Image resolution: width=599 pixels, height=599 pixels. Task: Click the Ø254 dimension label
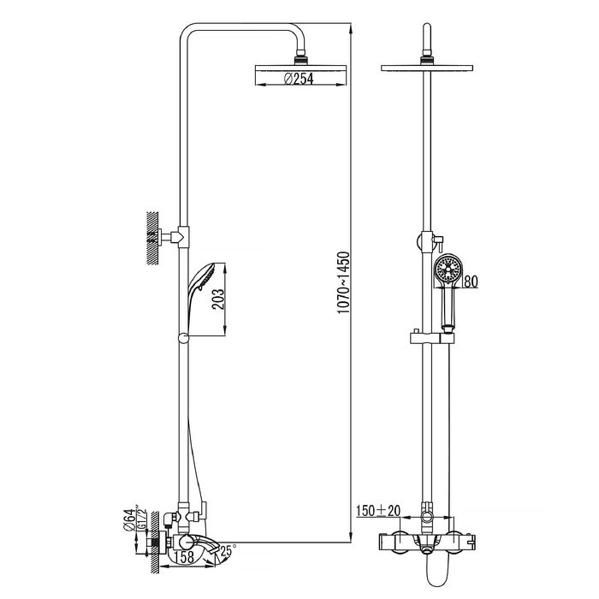pos(299,79)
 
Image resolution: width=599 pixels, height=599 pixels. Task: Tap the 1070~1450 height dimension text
pos(343,282)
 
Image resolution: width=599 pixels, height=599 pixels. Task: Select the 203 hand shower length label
pos(218,299)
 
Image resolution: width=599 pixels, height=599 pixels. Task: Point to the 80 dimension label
pos(471,282)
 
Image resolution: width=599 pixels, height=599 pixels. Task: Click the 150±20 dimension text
pos(378,510)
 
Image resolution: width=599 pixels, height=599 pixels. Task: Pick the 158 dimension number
pos(185,557)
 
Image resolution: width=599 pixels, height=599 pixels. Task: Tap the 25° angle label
pos(228,550)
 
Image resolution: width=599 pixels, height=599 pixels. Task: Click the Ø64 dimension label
pos(129,519)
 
